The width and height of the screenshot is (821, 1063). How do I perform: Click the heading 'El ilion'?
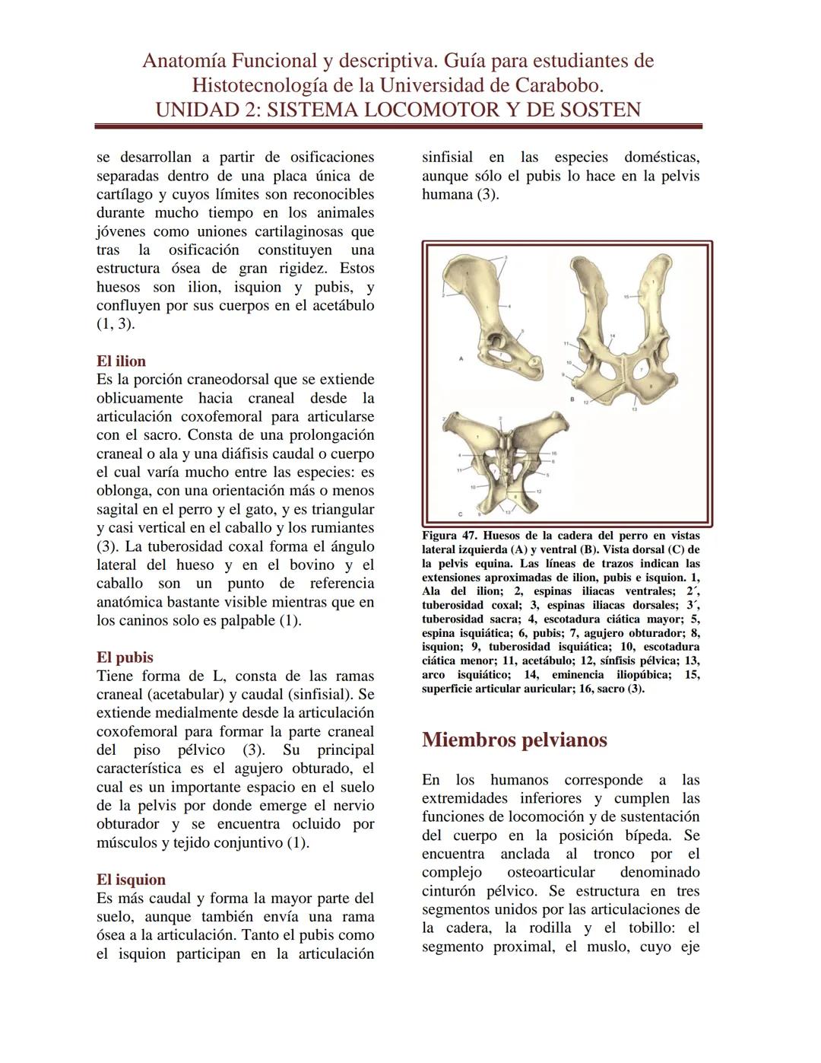(x=121, y=361)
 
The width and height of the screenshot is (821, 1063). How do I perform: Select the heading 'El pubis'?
(x=125, y=657)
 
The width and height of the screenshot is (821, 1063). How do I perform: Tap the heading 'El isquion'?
(x=131, y=879)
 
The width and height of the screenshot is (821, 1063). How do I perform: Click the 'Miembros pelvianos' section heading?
(x=514, y=740)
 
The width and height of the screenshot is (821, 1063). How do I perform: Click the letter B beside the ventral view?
(x=572, y=399)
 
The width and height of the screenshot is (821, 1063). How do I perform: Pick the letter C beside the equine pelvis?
(x=461, y=513)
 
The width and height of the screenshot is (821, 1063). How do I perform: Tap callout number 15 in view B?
(x=626, y=295)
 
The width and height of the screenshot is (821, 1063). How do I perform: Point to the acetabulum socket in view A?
(x=494, y=344)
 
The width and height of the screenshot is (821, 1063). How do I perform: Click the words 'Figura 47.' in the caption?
(x=449, y=536)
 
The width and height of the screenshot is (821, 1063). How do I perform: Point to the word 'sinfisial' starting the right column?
(x=447, y=158)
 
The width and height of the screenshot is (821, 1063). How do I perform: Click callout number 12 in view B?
(x=586, y=403)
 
